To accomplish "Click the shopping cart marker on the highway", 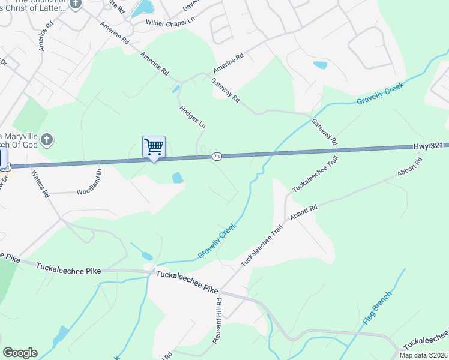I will [154, 146].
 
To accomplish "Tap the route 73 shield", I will [217, 157].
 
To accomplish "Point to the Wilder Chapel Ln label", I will [171, 22].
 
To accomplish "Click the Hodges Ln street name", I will [192, 117].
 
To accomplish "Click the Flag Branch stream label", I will [377, 308].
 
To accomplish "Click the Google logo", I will [20, 353].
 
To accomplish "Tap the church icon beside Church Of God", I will [48, 141].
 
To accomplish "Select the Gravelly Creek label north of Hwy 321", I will [380, 93].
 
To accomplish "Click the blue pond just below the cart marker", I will [178, 178].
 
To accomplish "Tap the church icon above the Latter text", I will [75, 4].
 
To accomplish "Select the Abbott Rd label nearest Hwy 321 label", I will [410, 169].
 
